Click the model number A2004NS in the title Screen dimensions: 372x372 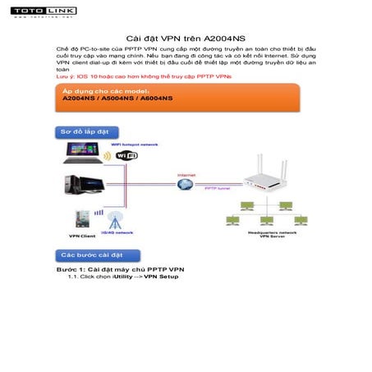(225, 38)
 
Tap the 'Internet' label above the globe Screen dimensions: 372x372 (186, 175)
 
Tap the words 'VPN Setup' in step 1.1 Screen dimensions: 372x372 (161, 277)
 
